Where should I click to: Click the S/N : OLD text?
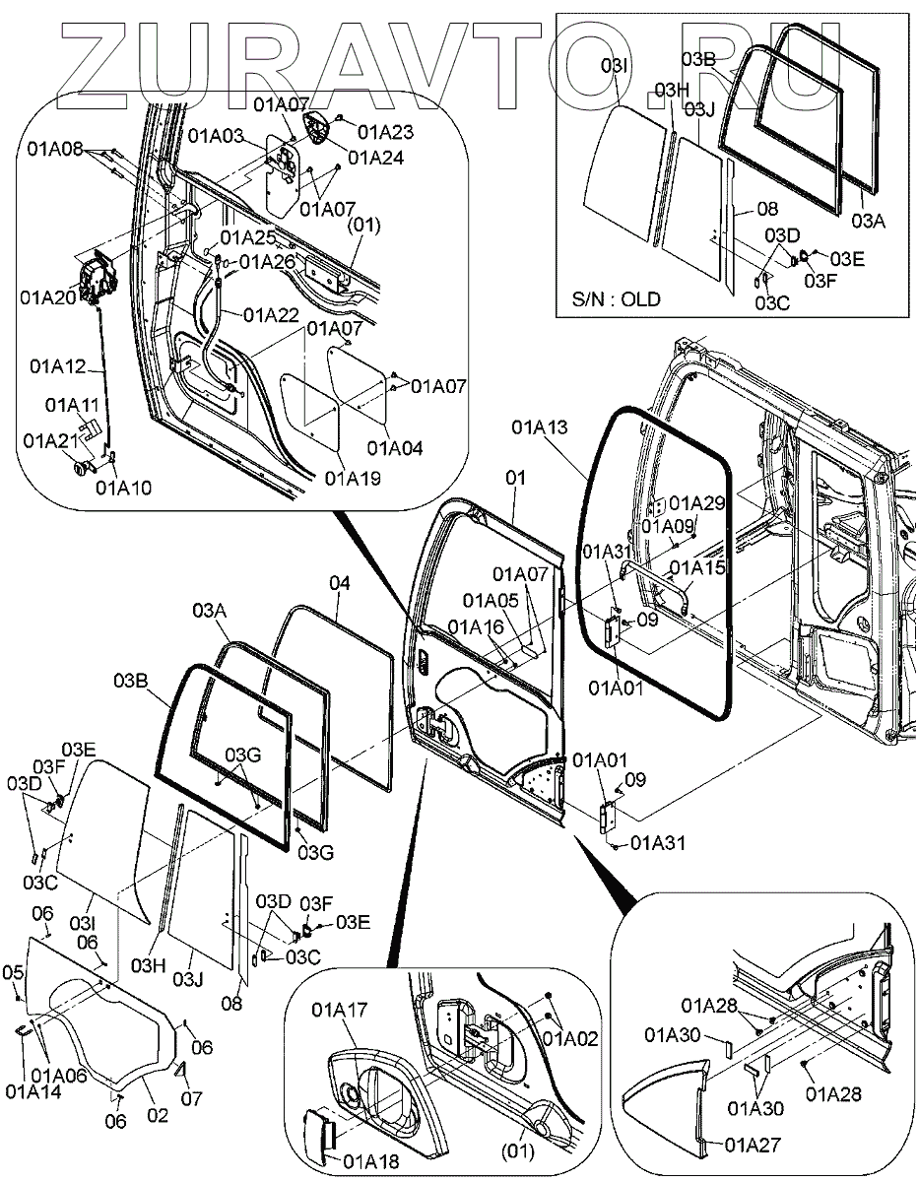click(x=616, y=299)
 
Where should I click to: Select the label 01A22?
click(x=271, y=314)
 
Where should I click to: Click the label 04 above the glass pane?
click(x=339, y=583)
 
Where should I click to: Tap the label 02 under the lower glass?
click(x=158, y=1116)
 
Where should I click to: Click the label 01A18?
click(x=370, y=1160)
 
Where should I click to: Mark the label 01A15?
click(x=697, y=567)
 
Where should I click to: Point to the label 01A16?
click(x=475, y=626)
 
